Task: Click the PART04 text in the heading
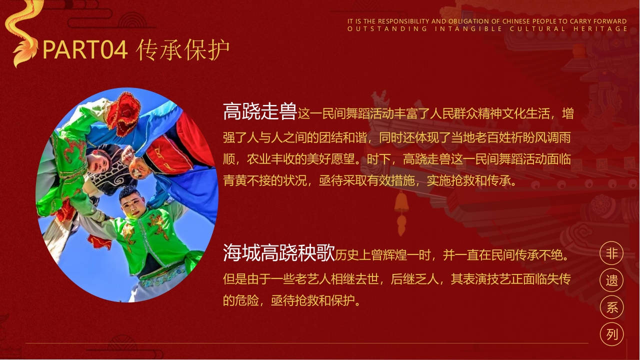(85, 50)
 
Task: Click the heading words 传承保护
(183, 50)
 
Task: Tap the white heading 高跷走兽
(260, 111)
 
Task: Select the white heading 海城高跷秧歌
(278, 253)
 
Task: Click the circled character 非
(612, 253)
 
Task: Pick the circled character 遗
(612, 280)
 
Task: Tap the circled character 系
(612, 307)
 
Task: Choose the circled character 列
(612, 334)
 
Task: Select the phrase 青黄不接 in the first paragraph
(247, 180)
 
